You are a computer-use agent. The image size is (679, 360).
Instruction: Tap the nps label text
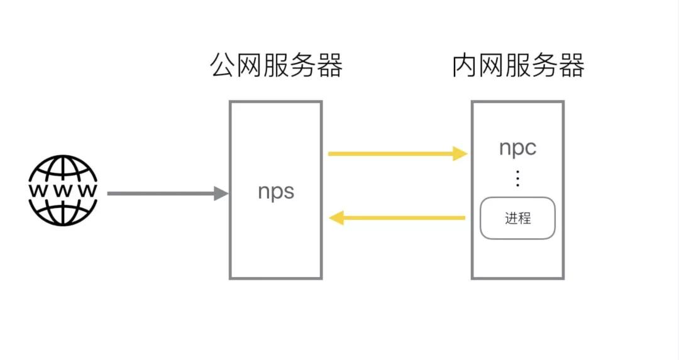click(276, 191)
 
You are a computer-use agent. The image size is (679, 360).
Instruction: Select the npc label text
click(517, 148)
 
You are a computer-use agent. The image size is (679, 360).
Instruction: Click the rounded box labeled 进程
click(517, 218)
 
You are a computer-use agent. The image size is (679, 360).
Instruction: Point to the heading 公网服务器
click(276, 65)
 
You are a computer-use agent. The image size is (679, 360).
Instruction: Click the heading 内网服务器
click(518, 65)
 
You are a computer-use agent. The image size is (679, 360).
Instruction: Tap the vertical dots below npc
click(517, 179)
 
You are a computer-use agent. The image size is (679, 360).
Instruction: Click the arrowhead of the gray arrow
click(221, 194)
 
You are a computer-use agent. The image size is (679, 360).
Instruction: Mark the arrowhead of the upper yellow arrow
click(461, 153)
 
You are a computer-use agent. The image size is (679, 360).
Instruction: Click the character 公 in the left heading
click(223, 65)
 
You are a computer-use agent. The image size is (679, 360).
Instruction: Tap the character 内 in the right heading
click(465, 65)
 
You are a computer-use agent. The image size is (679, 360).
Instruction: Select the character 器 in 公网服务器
click(329, 65)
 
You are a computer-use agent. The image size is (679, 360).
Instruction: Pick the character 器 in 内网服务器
click(571, 65)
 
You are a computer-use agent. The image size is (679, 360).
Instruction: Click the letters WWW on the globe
click(63, 190)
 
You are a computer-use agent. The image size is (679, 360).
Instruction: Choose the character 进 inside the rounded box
click(511, 219)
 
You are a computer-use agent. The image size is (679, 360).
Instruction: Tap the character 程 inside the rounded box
click(524, 219)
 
